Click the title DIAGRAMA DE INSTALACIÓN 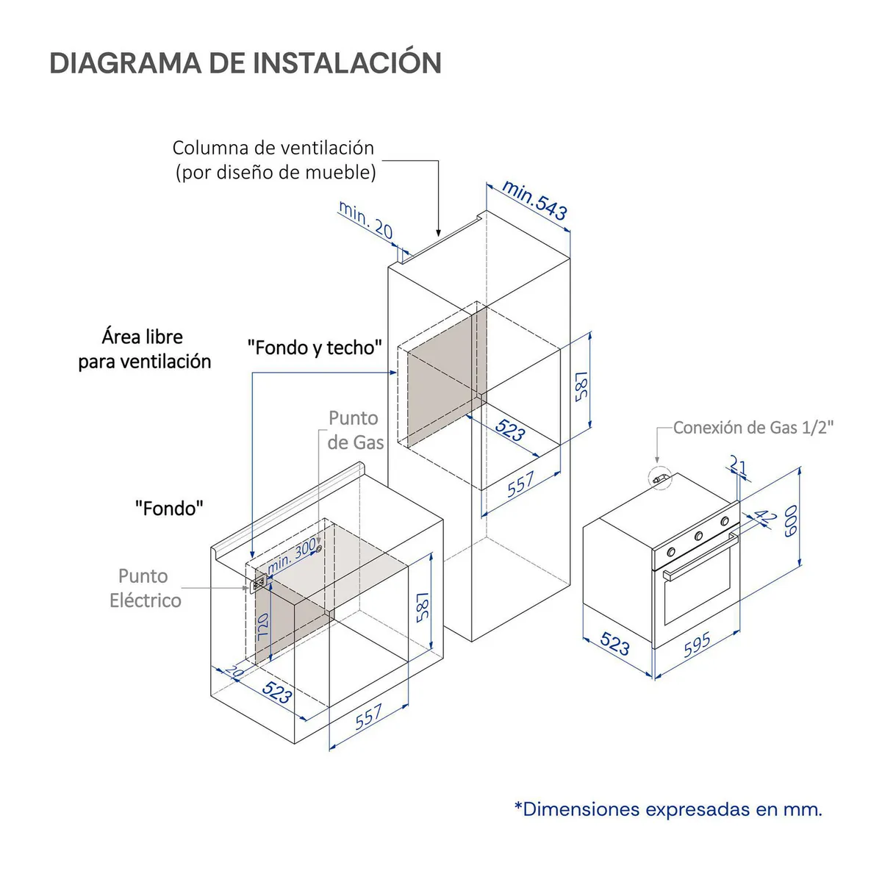(x=245, y=62)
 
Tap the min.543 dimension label (x=534, y=201)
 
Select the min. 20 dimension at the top (x=365, y=220)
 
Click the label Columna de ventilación (x=273, y=148)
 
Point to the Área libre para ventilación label (x=145, y=349)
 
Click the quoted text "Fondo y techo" (x=315, y=348)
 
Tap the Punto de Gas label (x=355, y=430)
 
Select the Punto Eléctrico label (x=145, y=588)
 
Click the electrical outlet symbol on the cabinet (x=259, y=584)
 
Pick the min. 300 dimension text (x=291, y=556)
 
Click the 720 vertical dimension (x=262, y=627)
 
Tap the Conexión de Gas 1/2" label (x=753, y=428)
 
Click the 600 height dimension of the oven (x=790, y=520)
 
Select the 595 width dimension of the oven (x=697, y=644)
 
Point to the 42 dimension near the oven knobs (x=764, y=517)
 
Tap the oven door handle (x=700, y=557)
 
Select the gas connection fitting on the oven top (x=659, y=478)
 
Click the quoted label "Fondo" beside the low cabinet (x=169, y=508)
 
